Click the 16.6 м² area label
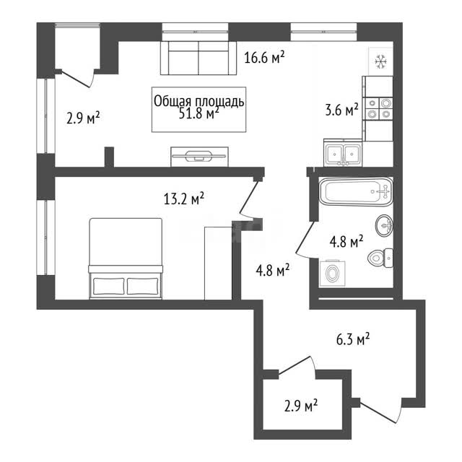pyautogui.click(x=264, y=57)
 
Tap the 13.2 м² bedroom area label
pyautogui.click(x=184, y=199)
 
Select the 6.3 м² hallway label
pyautogui.click(x=353, y=339)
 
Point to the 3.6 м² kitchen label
pyautogui.click(x=341, y=110)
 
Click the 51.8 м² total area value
pyautogui.click(x=199, y=113)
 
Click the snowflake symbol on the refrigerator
pyautogui.click(x=380, y=62)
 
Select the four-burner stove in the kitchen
pyautogui.click(x=379, y=109)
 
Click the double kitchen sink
pyautogui.click(x=343, y=153)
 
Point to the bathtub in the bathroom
pyautogui.click(x=356, y=191)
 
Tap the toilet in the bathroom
pyautogui.click(x=380, y=258)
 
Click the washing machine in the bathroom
pyautogui.click(x=332, y=273)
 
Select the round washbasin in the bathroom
pyautogui.click(x=384, y=225)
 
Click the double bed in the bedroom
pyautogui.click(x=126, y=258)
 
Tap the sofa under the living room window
pyautogui.click(x=199, y=58)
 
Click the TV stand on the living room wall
pyautogui.click(x=200, y=157)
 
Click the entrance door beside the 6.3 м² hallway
pyautogui.click(x=380, y=411)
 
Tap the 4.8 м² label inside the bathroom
pyautogui.click(x=346, y=242)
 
